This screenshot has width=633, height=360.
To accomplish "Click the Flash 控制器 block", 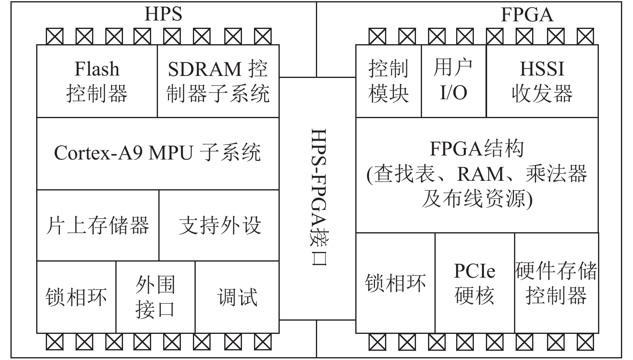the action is tap(97, 81).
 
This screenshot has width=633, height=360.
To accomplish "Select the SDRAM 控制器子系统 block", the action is tap(218, 81).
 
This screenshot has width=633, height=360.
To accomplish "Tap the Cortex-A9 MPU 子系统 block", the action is tap(158, 153).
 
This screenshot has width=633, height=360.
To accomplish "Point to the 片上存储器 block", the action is tap(98, 225).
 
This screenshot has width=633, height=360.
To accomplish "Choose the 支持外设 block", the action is tap(219, 225).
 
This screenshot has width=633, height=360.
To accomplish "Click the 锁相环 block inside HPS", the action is tap(76, 297).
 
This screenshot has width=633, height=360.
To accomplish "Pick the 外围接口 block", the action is tap(156, 297).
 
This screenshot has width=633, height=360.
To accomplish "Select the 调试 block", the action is tap(237, 297).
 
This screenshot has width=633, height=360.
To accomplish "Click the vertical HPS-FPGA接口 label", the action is tap(318, 197).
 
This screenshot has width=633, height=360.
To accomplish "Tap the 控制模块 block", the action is tap(388, 81).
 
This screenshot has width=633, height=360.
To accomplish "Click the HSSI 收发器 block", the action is tap(542, 81).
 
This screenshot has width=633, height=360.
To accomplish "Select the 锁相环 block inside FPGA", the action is tap(395, 283).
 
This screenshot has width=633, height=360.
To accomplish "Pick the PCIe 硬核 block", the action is tap(474, 283).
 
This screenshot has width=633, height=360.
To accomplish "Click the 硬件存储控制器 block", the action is tap(556, 283).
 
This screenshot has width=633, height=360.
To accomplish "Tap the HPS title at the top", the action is tap(163, 14).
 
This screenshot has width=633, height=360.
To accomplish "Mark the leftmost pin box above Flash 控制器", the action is tap(55, 36).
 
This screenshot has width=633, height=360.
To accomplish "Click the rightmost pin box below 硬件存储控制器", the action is tap(585, 342).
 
